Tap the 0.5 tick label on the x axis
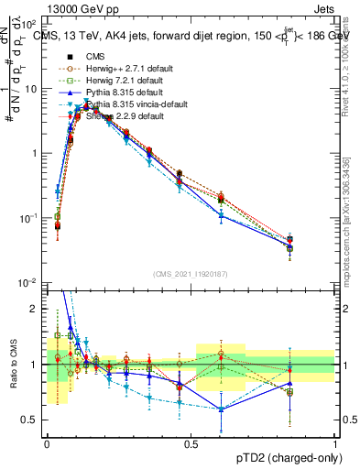[191, 444]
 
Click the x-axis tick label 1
[334, 444]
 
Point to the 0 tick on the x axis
[47, 444]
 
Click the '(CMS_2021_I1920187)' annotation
[191, 274]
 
